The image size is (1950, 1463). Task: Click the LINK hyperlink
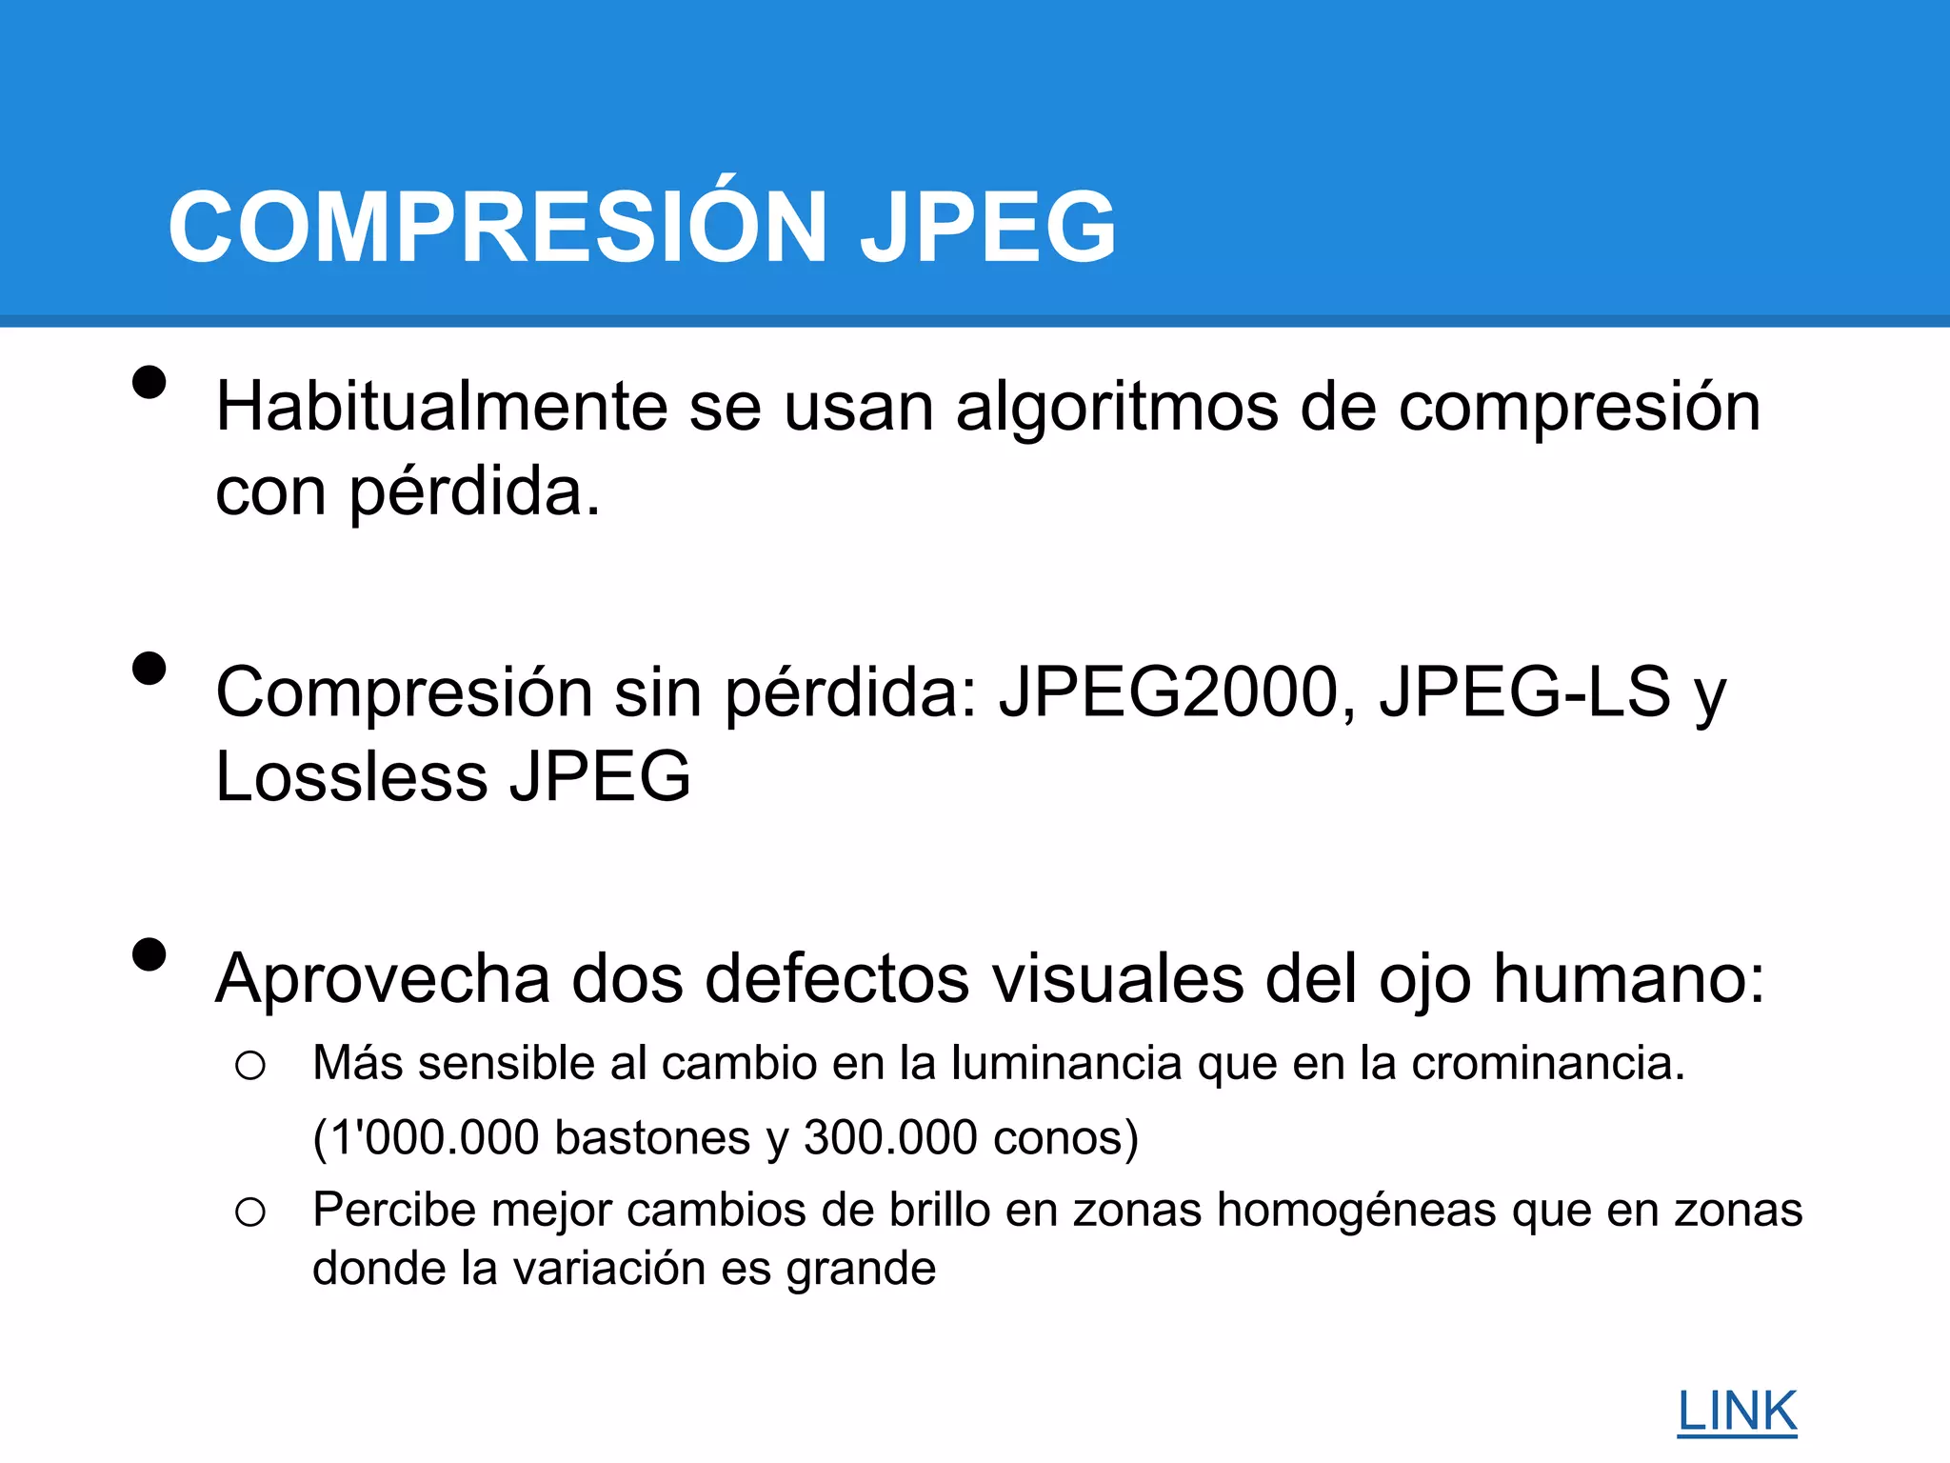(1737, 1412)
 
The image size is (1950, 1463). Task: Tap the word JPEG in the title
(987, 227)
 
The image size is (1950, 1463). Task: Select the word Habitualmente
(441, 407)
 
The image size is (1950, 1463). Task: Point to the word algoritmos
(1117, 407)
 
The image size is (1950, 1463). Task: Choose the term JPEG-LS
(1524, 692)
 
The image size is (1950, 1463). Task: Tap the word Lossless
(351, 776)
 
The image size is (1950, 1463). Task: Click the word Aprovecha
(383, 979)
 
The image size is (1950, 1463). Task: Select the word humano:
(1629, 979)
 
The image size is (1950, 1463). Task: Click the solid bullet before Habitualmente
(149, 383)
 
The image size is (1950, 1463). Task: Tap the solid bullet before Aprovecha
(149, 954)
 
